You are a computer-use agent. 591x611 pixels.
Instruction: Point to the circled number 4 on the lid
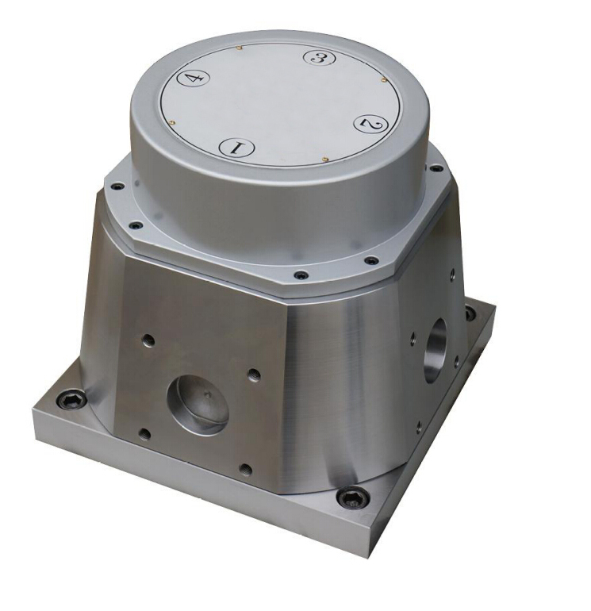(193, 78)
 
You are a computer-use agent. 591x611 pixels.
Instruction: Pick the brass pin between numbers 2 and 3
(384, 79)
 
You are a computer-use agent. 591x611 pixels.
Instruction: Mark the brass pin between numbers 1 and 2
(326, 159)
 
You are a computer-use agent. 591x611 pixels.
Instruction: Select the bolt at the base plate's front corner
(351, 498)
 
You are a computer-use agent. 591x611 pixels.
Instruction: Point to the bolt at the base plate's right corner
(470, 313)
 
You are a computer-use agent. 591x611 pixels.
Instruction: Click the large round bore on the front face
(198, 404)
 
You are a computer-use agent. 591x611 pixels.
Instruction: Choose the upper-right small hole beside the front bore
(253, 372)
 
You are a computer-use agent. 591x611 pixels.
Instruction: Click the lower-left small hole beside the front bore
(144, 433)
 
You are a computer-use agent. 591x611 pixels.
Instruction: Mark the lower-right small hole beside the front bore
(246, 470)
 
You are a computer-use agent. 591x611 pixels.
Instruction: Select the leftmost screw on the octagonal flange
(117, 187)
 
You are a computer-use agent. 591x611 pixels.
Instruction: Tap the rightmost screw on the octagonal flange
(436, 168)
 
